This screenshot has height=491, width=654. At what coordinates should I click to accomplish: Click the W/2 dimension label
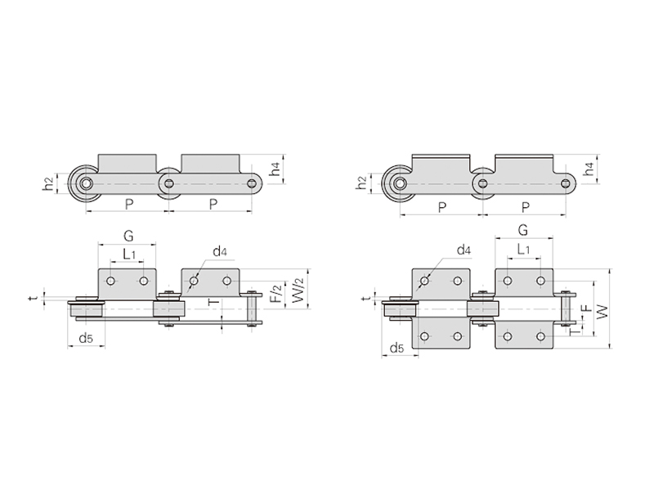tap(298, 291)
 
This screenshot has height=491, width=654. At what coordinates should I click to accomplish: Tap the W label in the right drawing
tap(602, 311)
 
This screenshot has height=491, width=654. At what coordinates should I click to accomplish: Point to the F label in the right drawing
tap(586, 309)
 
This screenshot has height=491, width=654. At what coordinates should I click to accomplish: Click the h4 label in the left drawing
tap(275, 169)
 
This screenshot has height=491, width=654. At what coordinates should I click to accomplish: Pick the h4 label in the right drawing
tap(589, 169)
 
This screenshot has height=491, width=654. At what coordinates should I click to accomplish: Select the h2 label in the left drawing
tap(48, 184)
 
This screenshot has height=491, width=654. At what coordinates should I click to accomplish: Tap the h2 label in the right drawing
tap(362, 183)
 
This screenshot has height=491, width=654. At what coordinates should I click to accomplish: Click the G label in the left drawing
tap(128, 236)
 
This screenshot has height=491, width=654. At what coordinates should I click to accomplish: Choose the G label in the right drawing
tap(522, 230)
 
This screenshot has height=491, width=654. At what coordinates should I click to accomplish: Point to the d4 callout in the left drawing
tap(220, 251)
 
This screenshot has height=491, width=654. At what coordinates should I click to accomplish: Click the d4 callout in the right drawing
tap(464, 250)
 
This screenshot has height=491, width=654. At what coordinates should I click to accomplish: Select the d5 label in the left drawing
tap(86, 338)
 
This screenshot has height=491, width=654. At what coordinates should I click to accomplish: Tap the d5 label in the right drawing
tap(397, 347)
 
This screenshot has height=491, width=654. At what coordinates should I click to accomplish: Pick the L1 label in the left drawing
tap(129, 254)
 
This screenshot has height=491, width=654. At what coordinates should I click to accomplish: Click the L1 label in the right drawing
tap(523, 250)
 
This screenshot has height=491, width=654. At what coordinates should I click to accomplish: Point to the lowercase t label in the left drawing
tap(34, 297)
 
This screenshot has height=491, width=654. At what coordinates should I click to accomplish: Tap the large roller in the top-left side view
tap(87, 184)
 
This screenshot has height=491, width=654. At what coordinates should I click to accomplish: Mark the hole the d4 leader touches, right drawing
tap(424, 281)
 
